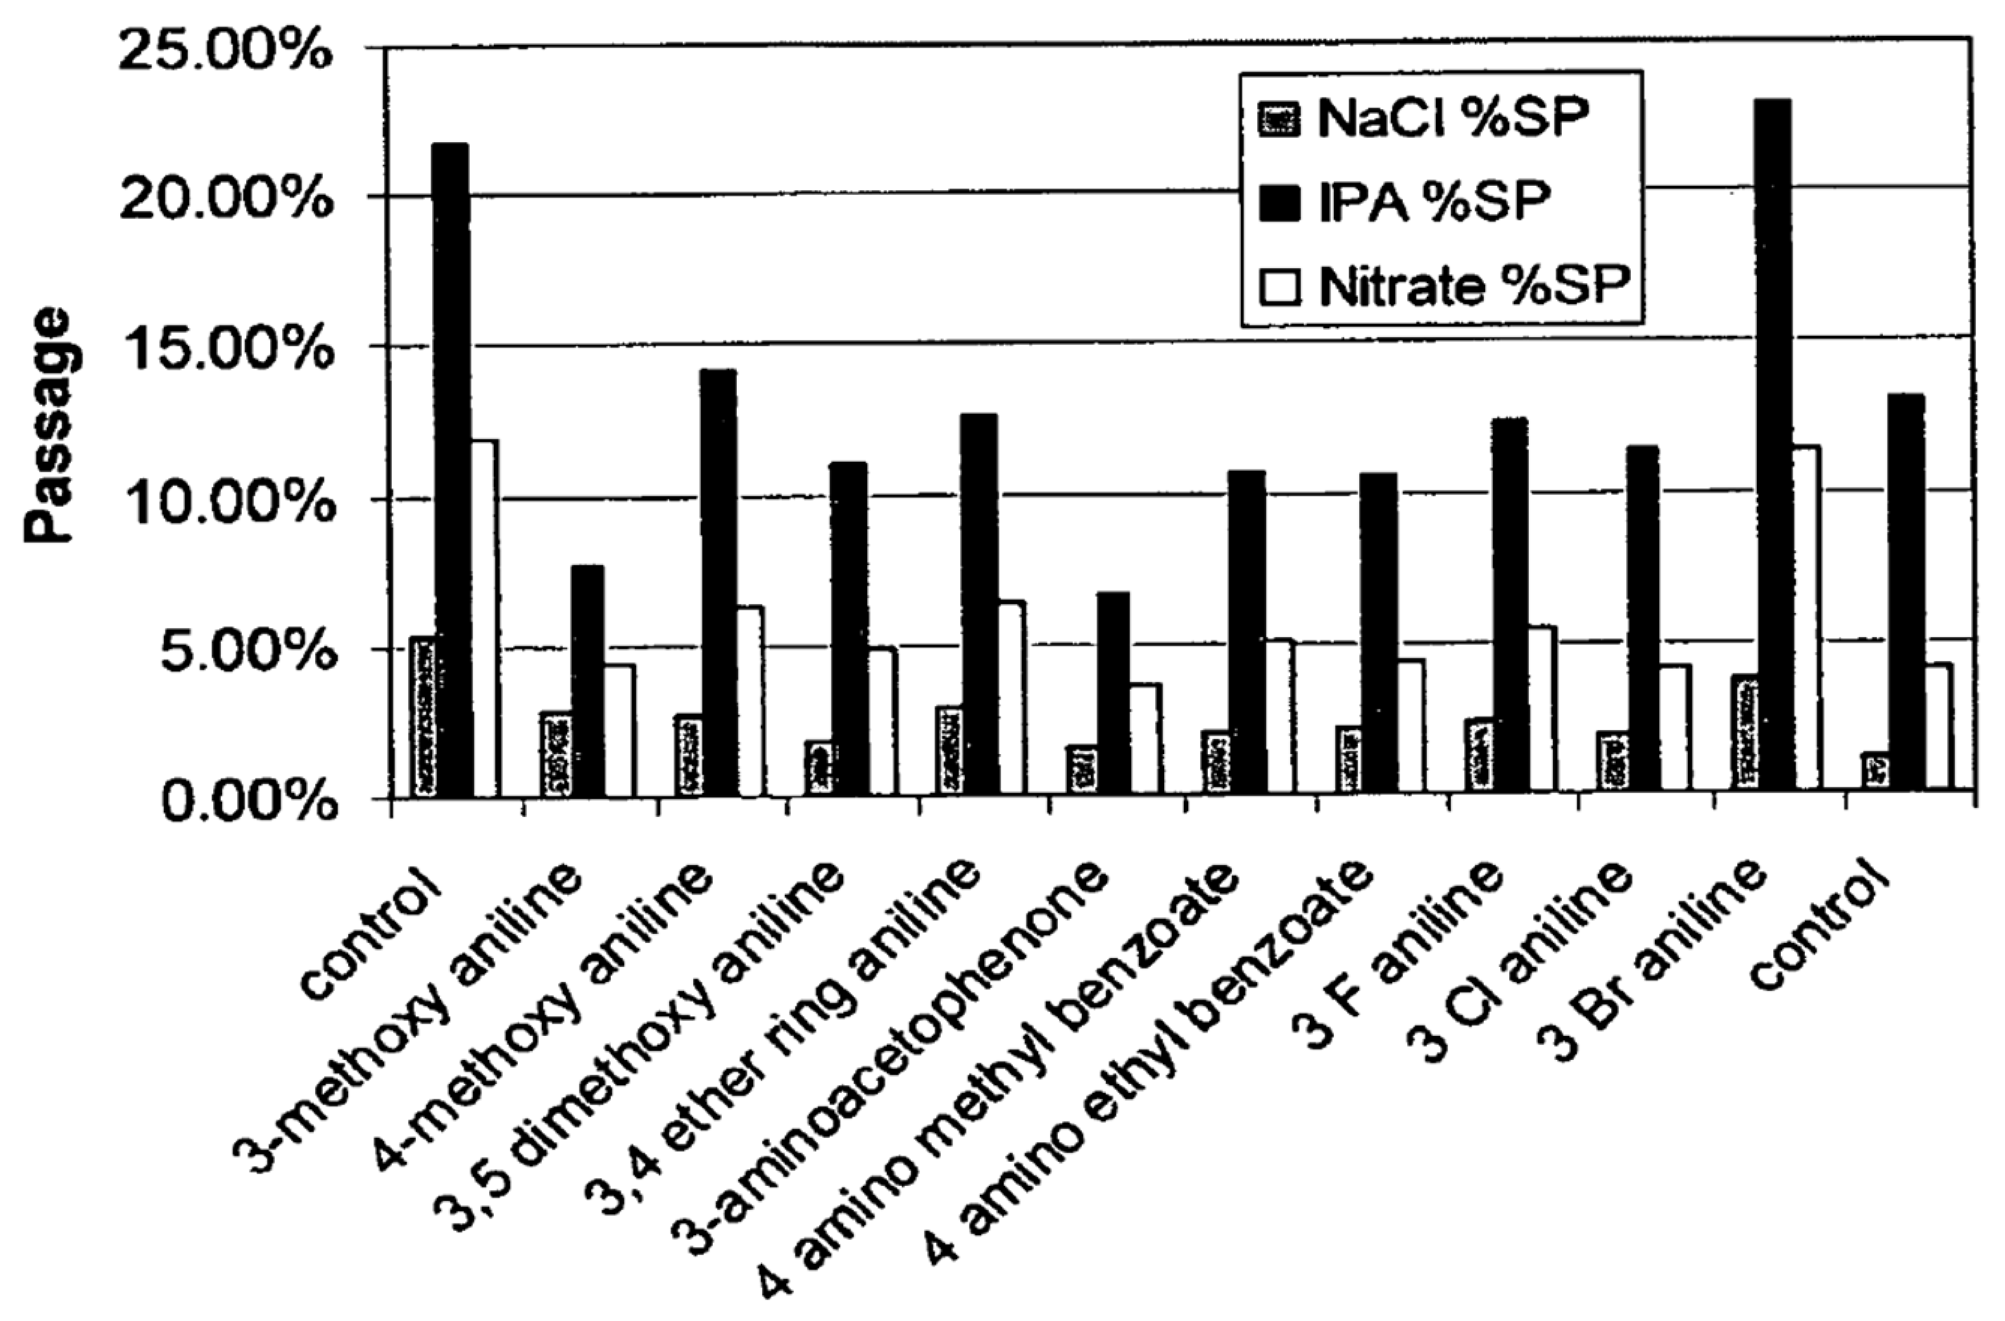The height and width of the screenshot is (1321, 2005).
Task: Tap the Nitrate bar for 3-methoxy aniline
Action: click(x=619, y=729)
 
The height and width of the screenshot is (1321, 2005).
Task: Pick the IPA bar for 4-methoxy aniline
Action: click(x=717, y=581)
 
